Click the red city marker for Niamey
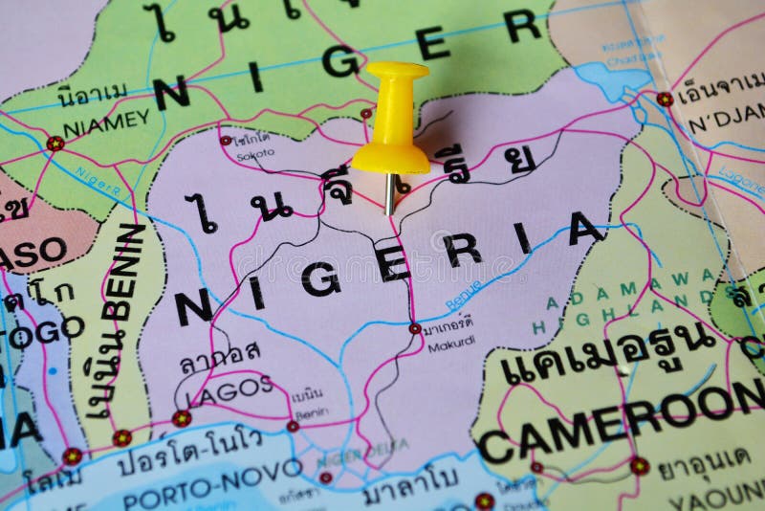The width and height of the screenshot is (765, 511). click(55, 144)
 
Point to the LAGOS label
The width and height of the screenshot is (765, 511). click(229, 389)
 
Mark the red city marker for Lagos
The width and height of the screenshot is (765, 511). click(182, 418)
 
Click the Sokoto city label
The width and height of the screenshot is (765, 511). click(255, 152)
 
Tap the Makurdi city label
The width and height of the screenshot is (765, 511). click(451, 346)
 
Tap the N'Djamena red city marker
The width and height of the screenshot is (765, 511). click(664, 99)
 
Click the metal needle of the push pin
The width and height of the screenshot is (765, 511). click(390, 192)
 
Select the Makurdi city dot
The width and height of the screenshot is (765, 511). click(415, 328)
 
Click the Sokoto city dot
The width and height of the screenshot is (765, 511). click(226, 141)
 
